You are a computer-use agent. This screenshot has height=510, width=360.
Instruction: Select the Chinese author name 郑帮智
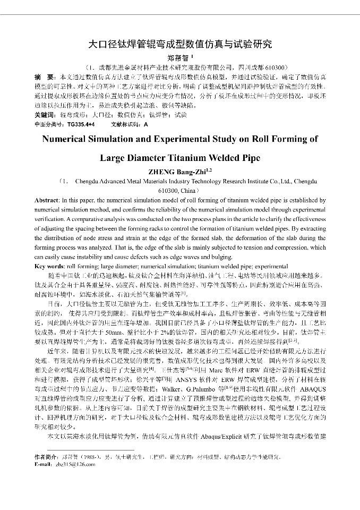pos(178,58)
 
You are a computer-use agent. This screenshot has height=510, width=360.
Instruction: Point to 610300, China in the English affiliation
pos(178,190)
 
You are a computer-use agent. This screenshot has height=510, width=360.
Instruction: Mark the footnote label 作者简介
pos(46,456)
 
